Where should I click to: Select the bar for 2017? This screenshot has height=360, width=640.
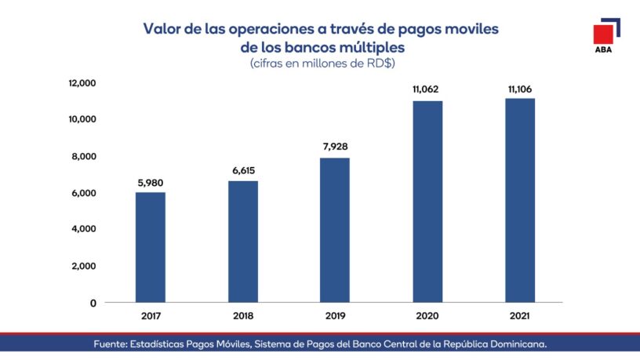click(150, 247)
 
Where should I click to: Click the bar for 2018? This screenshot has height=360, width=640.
click(242, 242)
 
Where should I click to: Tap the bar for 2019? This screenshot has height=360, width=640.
click(335, 230)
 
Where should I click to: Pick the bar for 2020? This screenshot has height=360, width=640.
click(427, 202)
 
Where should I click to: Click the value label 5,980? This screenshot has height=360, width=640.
click(150, 184)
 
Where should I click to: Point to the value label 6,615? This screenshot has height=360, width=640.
click(242, 172)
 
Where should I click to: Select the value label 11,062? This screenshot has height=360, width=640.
click(427, 90)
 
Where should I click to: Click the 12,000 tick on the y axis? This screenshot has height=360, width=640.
click(82, 82)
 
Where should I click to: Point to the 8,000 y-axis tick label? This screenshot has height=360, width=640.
click(84, 156)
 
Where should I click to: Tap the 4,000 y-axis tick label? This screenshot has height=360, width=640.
click(84, 229)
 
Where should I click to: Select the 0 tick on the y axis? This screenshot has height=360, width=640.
click(93, 303)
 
